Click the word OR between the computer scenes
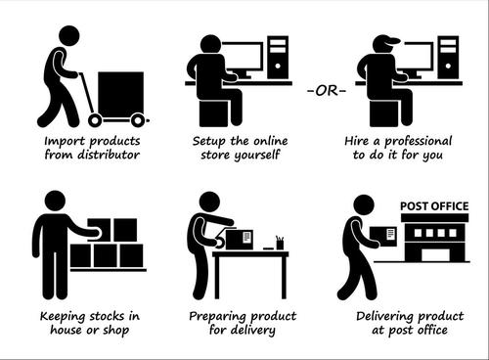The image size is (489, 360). [327, 91]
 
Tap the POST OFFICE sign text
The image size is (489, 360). [434, 206]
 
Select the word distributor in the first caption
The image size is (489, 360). [109, 155]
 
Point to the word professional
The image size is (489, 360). [419, 142]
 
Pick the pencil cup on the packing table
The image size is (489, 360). [280, 243]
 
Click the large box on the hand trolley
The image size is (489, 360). [120, 93]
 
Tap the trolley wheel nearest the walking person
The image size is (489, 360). [95, 120]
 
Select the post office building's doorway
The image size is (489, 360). [435, 255]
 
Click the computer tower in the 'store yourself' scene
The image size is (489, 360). [278, 58]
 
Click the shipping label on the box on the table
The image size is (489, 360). [247, 237]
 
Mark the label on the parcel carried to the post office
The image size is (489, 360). [390, 234]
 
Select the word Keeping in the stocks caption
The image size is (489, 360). [64, 317]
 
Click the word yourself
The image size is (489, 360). [257, 155]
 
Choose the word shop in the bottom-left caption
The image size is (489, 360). [116, 331]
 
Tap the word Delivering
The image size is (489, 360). [385, 317]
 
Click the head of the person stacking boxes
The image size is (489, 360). [55, 201]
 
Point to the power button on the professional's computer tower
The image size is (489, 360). [448, 66]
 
